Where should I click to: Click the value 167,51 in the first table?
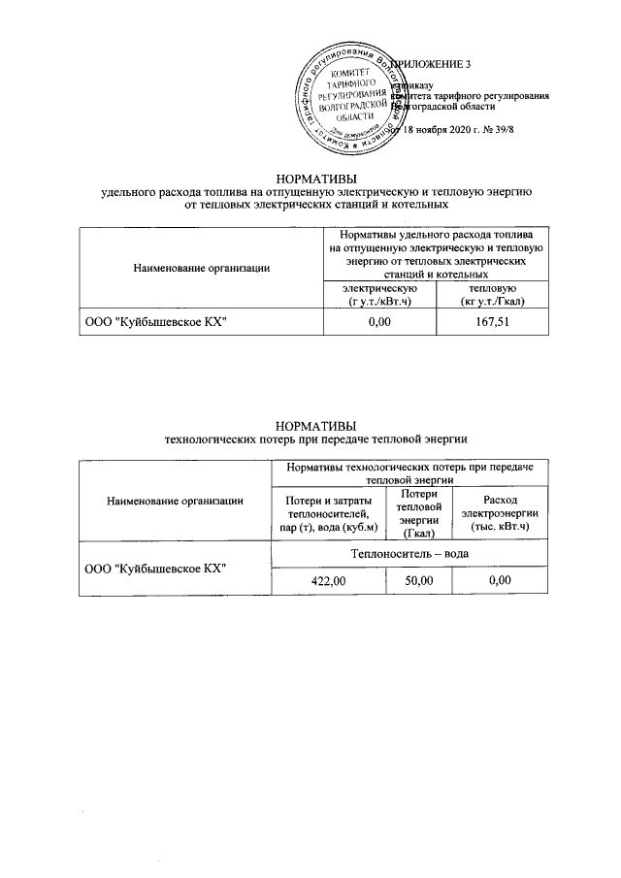point(486,321)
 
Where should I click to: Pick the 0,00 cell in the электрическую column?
point(380,321)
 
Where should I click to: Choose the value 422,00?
point(327,579)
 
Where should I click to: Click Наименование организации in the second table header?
point(175,501)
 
